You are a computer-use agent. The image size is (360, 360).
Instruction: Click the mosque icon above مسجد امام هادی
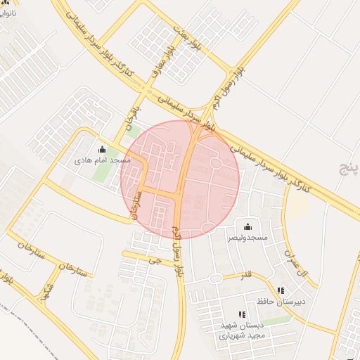point(103,149)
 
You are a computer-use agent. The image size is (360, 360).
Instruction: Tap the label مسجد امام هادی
point(103,160)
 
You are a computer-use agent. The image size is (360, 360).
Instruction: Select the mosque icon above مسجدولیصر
point(247,226)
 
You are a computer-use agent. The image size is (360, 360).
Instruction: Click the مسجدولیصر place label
point(247,238)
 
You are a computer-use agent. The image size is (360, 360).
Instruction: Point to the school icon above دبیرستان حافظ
point(281,290)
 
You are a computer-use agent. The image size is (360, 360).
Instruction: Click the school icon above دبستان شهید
point(242,314)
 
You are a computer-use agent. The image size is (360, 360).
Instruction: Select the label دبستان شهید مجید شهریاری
point(243,330)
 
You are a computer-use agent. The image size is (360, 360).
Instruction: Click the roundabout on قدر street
point(215,278)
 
